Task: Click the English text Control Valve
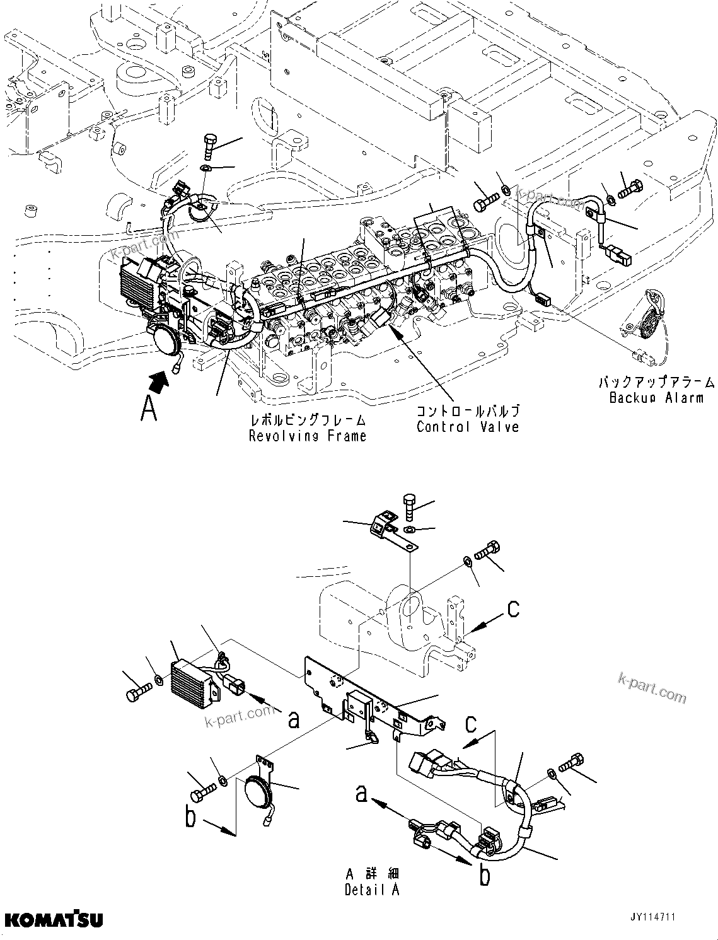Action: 468,427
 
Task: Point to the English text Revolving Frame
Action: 308,436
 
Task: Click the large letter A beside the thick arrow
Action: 149,409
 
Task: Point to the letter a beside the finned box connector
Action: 292,719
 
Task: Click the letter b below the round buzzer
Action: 191,818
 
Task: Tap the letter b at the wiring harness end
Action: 484,876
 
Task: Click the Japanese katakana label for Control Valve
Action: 468,411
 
